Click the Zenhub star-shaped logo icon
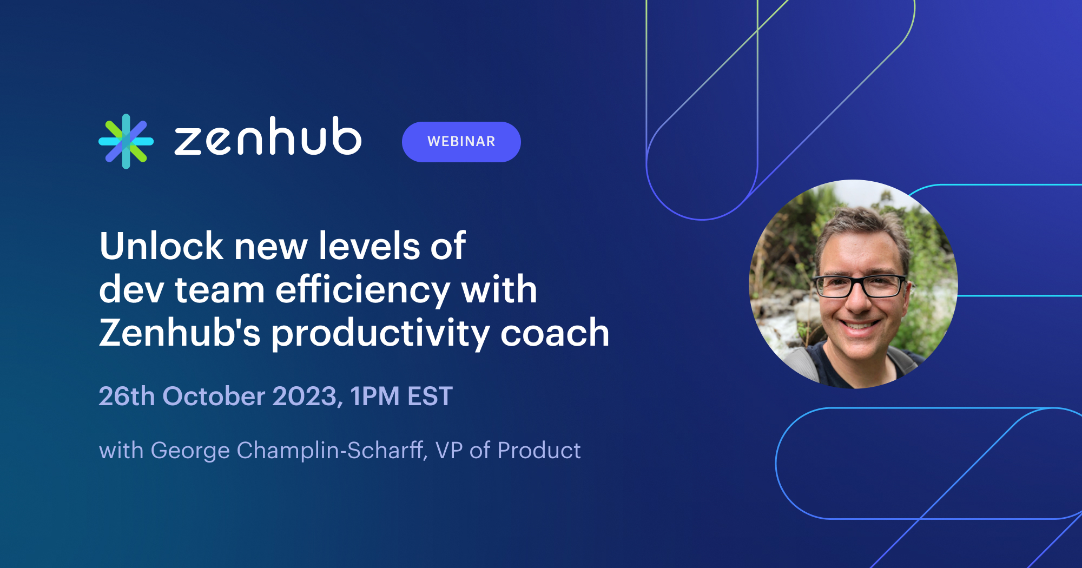click(126, 141)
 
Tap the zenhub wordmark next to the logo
click(267, 137)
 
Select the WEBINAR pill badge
click(461, 142)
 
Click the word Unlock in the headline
click(161, 247)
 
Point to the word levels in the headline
click(369, 247)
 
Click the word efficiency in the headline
click(362, 290)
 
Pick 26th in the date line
click(127, 397)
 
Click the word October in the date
click(214, 397)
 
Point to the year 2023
click(306, 397)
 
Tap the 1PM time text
click(374, 397)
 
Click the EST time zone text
click(430, 397)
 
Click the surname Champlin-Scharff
click(330, 451)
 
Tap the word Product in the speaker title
click(539, 451)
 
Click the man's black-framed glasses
click(860, 285)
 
